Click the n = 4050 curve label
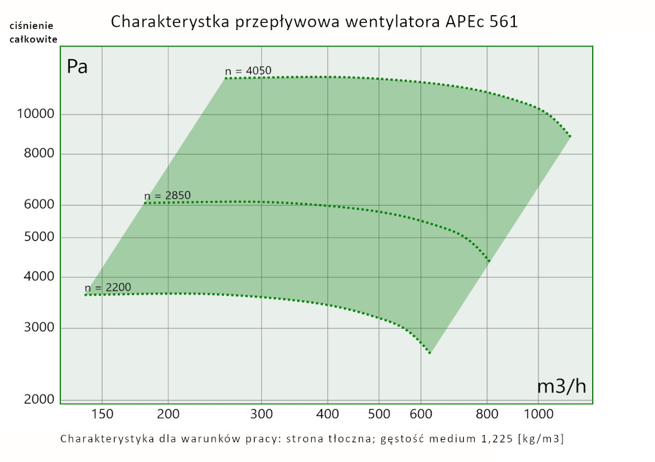248,71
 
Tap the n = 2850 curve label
167,196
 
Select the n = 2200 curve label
108,287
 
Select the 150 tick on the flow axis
102,414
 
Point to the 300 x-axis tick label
261,414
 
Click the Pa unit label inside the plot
77,67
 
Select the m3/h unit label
561,386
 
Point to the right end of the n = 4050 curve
571,136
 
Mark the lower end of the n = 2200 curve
430,353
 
